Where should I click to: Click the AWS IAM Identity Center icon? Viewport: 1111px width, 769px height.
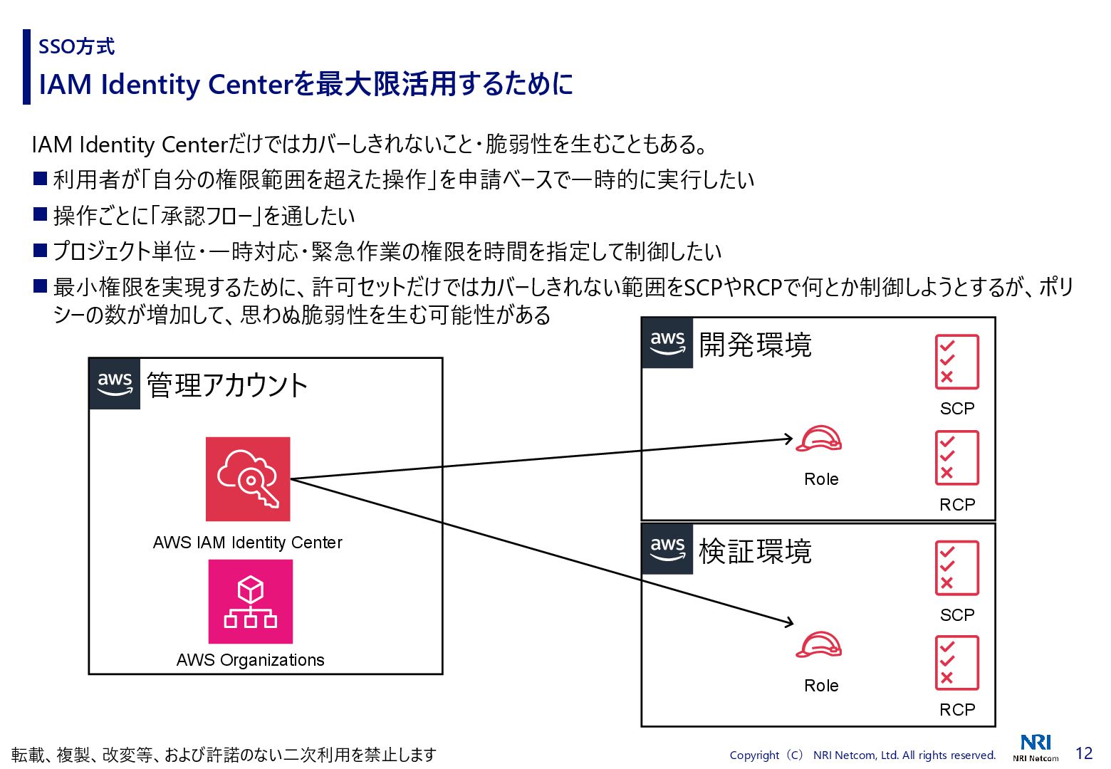pos(248,478)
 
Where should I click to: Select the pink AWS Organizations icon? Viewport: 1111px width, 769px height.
pos(250,602)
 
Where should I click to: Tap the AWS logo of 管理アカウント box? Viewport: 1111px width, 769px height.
pos(115,384)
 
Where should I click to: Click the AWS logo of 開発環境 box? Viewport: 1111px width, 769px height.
pos(667,343)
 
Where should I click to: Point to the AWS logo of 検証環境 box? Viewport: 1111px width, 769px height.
pos(667,549)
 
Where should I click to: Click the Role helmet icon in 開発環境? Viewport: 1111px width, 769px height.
pos(818,439)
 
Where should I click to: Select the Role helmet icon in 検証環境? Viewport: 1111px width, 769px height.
pos(818,645)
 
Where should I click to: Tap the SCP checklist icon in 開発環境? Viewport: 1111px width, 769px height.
pos(956,362)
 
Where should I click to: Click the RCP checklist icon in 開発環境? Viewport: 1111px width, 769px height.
pos(956,458)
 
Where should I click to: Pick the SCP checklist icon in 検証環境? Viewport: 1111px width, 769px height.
pos(956,567)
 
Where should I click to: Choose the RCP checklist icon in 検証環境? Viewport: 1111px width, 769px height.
pos(956,663)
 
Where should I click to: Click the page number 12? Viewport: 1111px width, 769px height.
pos(1083,753)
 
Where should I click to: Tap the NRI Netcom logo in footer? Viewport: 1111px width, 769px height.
pos(1036,748)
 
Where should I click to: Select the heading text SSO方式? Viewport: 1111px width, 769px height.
pos(76,47)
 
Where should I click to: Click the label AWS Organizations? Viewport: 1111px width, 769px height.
pos(250,660)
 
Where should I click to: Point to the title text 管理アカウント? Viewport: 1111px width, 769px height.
pos(226,385)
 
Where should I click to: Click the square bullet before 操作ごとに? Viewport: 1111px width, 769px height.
pos(41,214)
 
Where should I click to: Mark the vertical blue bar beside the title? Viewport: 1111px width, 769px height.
pos(27,67)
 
